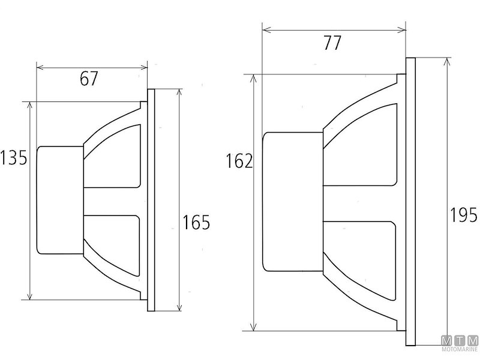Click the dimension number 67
tap(89, 79)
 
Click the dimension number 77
tap(332, 43)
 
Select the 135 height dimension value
tap(13, 158)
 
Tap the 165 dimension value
tap(196, 223)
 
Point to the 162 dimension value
tap(239, 161)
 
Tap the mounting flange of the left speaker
tap(151, 200)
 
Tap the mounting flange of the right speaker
tap(410, 202)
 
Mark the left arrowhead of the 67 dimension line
tap(40, 67)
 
